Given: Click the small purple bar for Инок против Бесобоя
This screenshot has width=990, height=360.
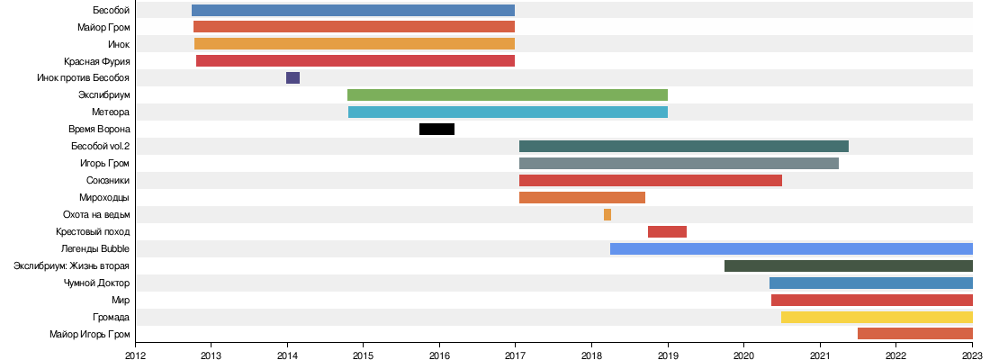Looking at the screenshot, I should (x=292, y=78).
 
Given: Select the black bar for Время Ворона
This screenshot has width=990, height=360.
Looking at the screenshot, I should (x=436, y=129).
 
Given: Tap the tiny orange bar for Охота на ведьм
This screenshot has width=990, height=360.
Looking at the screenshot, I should (x=607, y=214).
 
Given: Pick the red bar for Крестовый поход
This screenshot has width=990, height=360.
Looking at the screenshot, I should (x=667, y=231).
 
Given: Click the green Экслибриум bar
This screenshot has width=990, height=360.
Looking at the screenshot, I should (x=508, y=95).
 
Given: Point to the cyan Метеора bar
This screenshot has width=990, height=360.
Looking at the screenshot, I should (x=508, y=112).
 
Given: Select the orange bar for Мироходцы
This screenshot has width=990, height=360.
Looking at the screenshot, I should (x=582, y=197).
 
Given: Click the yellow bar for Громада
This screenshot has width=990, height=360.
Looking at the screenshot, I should (x=877, y=317).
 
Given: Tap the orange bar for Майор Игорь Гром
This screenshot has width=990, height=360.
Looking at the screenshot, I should (x=914, y=334).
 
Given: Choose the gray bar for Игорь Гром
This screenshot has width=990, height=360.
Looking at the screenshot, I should (x=679, y=163).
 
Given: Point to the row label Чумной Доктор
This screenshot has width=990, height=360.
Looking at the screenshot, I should (x=96, y=283).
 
